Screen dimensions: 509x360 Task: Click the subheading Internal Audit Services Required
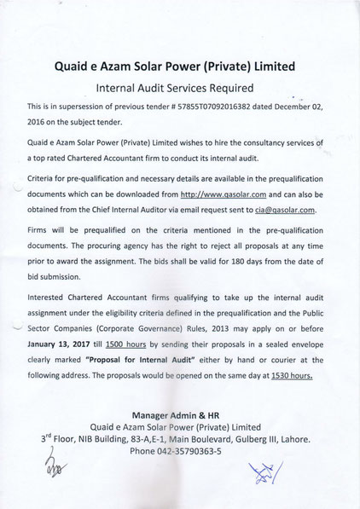(180, 86)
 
